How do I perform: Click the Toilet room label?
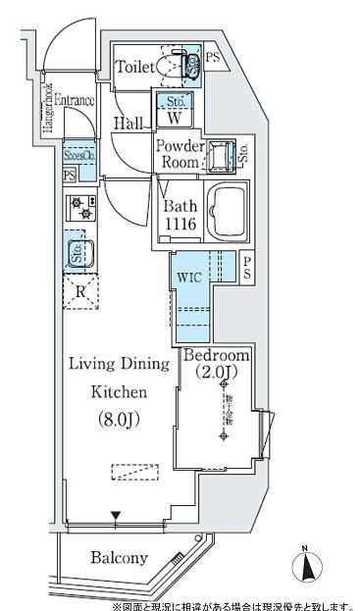[x=133, y=67]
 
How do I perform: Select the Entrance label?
[x=74, y=100]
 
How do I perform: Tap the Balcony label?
[x=119, y=558]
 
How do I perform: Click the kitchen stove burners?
[x=77, y=209]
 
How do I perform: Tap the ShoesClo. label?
[x=79, y=155]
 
